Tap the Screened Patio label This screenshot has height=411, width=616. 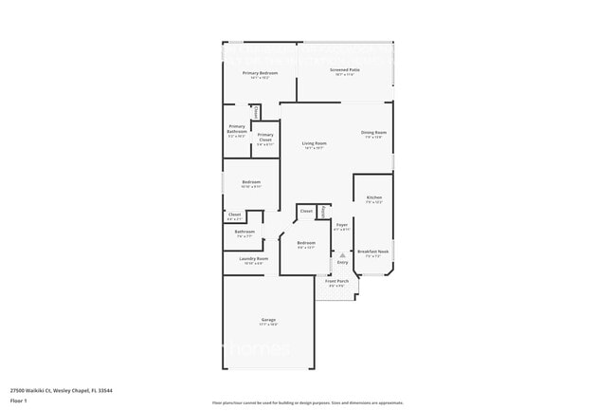tap(344, 69)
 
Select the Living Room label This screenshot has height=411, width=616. tap(314, 143)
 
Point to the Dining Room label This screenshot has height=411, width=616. tap(373, 132)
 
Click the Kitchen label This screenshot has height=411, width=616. tap(373, 197)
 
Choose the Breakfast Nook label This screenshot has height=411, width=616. tap(373, 252)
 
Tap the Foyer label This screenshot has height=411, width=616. tap(342, 225)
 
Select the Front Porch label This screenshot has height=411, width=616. tap(337, 281)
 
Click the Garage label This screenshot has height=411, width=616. tap(269, 319)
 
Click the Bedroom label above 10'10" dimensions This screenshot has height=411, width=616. tap(251, 181)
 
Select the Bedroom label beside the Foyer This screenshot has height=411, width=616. tap(306, 242)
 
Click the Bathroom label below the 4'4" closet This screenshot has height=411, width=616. tap(245, 231)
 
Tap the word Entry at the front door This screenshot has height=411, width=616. tap(342, 262)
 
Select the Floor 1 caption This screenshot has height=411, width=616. tap(19, 401)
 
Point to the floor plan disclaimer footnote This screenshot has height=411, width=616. tap(307, 402)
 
